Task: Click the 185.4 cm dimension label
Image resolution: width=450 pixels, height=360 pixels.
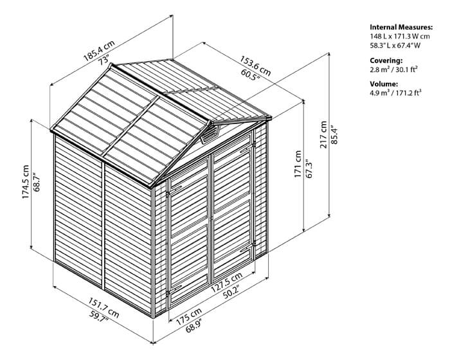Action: [x=99, y=51]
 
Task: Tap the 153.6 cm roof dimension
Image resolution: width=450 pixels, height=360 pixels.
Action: [x=255, y=66]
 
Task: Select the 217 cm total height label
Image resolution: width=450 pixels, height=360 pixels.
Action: [x=324, y=134]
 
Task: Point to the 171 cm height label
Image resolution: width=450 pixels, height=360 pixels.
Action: [x=298, y=164]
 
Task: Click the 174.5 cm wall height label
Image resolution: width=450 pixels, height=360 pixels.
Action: [x=26, y=182]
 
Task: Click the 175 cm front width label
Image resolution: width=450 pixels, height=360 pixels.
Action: [x=188, y=316]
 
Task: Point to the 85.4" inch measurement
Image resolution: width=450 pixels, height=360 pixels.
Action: [x=335, y=134]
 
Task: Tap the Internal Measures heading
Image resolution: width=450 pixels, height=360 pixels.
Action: [x=401, y=27]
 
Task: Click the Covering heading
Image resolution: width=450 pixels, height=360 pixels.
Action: [x=386, y=60]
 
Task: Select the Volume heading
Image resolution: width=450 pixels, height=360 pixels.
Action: [x=384, y=84]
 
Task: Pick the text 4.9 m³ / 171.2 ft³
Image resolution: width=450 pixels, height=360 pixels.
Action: [x=396, y=93]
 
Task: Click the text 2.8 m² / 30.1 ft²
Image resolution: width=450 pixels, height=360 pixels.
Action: [x=393, y=69]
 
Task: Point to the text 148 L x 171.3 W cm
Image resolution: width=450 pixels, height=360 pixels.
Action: [x=400, y=37]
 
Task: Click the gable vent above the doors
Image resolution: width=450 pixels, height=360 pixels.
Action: [x=210, y=133]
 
